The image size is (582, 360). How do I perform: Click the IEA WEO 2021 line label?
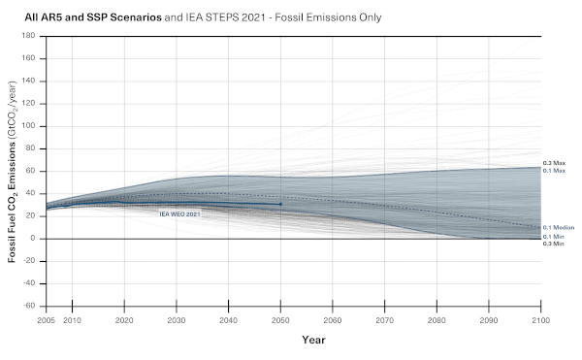click(x=179, y=214)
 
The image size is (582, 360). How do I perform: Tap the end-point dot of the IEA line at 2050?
click(x=280, y=204)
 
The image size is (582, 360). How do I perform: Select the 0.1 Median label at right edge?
click(x=559, y=227)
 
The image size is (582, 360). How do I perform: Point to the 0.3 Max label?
click(x=554, y=163)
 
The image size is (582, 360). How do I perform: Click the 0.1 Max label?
click(x=554, y=171)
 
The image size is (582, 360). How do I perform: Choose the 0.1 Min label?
click(x=553, y=237)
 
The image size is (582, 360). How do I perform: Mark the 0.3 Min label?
click(x=553, y=244)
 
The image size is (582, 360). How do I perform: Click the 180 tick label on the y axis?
click(x=28, y=36)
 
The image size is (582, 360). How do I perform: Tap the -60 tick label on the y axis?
click(x=28, y=306)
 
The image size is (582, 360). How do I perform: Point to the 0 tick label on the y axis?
click(x=33, y=239)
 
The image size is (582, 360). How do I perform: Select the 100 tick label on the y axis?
click(x=28, y=126)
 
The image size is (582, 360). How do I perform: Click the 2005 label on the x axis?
click(x=46, y=320)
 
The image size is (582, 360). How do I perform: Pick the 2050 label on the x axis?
click(x=280, y=320)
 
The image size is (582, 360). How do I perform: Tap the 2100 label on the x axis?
click(x=540, y=320)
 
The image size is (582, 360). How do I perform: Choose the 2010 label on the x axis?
click(x=72, y=320)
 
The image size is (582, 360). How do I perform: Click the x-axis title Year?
click(x=313, y=340)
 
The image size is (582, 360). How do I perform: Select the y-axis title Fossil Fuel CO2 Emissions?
click(x=12, y=172)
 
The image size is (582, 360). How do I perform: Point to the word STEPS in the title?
click(x=222, y=17)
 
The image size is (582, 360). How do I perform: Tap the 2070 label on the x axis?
click(x=384, y=320)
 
